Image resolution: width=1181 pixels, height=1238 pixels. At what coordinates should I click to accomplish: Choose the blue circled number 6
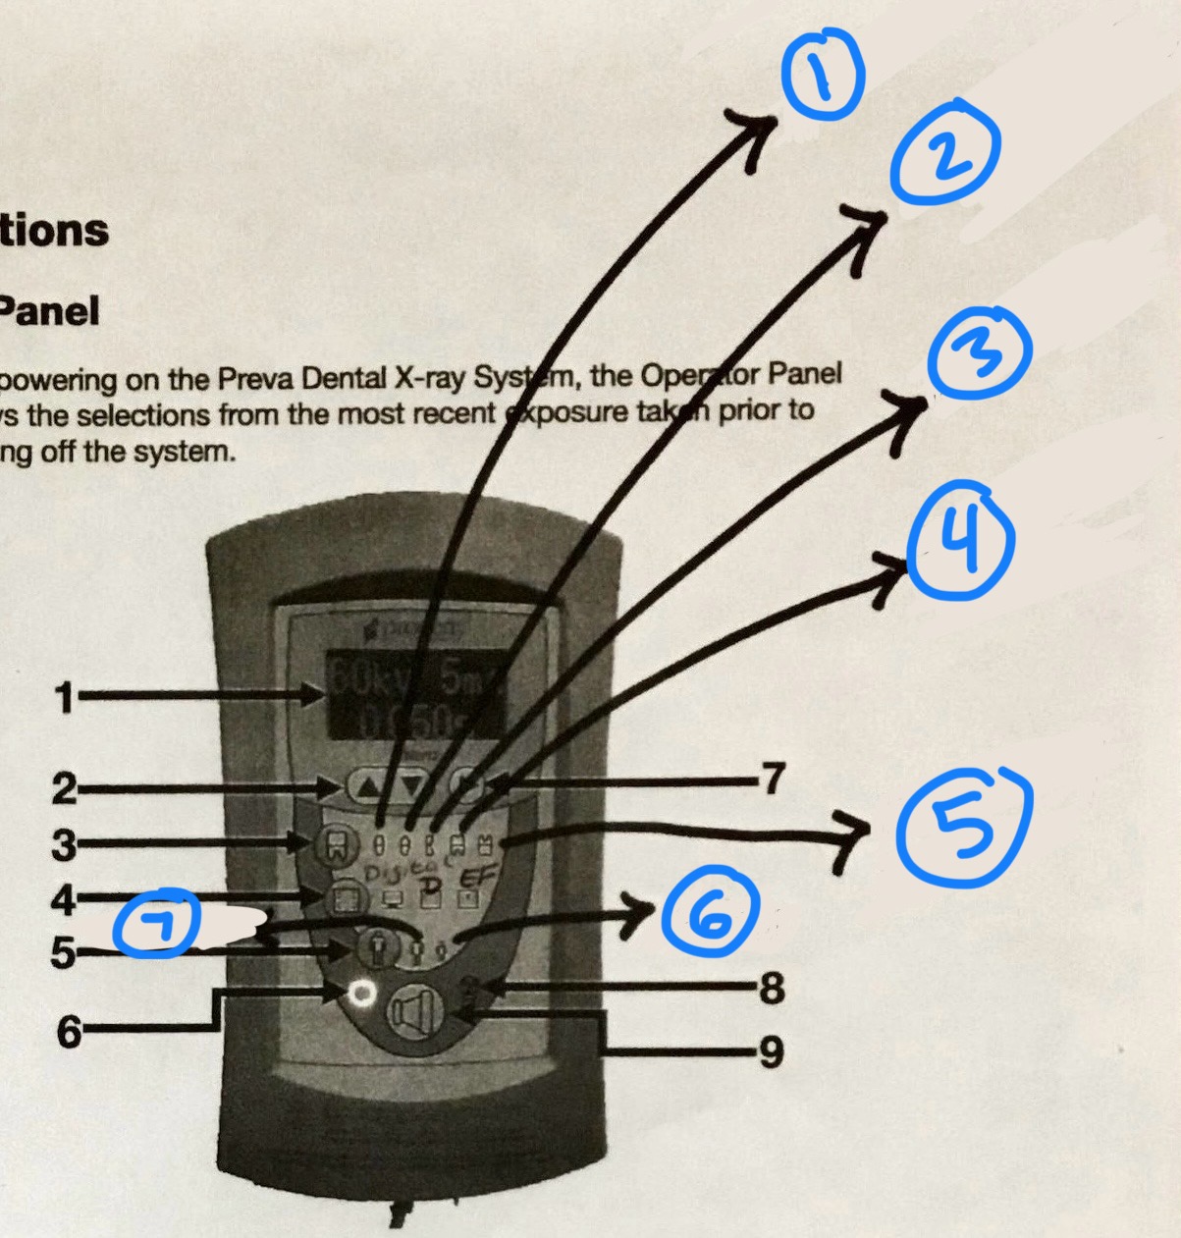(710, 915)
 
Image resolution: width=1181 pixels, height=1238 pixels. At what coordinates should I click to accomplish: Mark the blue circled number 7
(157, 928)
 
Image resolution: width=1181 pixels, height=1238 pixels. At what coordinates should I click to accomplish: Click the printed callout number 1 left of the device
(64, 699)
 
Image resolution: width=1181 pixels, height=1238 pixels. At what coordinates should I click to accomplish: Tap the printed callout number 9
(772, 1052)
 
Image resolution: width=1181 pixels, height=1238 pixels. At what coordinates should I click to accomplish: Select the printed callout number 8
(772, 988)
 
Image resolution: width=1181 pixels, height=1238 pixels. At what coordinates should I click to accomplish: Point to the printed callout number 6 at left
(68, 1032)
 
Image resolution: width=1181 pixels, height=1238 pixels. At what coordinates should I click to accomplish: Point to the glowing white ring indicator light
(362, 994)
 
